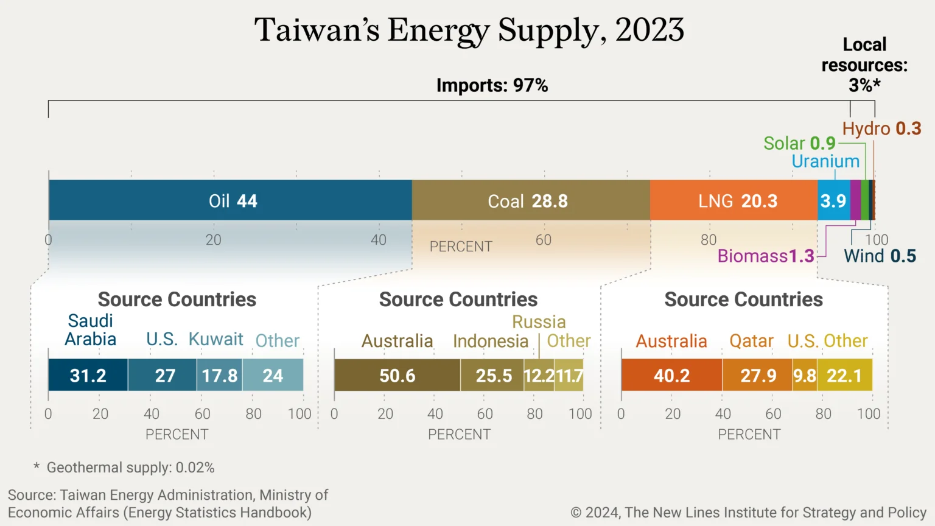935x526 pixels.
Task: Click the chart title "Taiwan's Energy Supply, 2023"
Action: (469, 30)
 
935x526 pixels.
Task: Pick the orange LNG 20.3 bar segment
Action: (734, 200)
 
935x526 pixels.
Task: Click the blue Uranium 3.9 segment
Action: (833, 200)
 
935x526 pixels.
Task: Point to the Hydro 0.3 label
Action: (881, 128)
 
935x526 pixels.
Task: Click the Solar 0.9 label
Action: (799, 143)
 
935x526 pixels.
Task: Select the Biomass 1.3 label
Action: (766, 256)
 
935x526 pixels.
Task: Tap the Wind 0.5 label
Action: (880, 256)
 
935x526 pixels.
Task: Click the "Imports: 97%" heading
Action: (492, 85)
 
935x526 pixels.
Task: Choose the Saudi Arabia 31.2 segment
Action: (88, 375)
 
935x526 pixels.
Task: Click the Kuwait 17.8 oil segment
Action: (220, 375)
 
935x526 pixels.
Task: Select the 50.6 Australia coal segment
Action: (397, 375)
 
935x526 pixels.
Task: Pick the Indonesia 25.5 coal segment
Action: (492, 375)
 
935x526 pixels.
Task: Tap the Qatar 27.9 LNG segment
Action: (758, 375)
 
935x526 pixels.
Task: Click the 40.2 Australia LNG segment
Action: (671, 375)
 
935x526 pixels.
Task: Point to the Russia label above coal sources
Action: (539, 321)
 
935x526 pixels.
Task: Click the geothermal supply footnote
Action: (125, 468)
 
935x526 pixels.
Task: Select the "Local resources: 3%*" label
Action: (864, 65)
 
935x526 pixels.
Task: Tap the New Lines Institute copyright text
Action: (748, 513)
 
